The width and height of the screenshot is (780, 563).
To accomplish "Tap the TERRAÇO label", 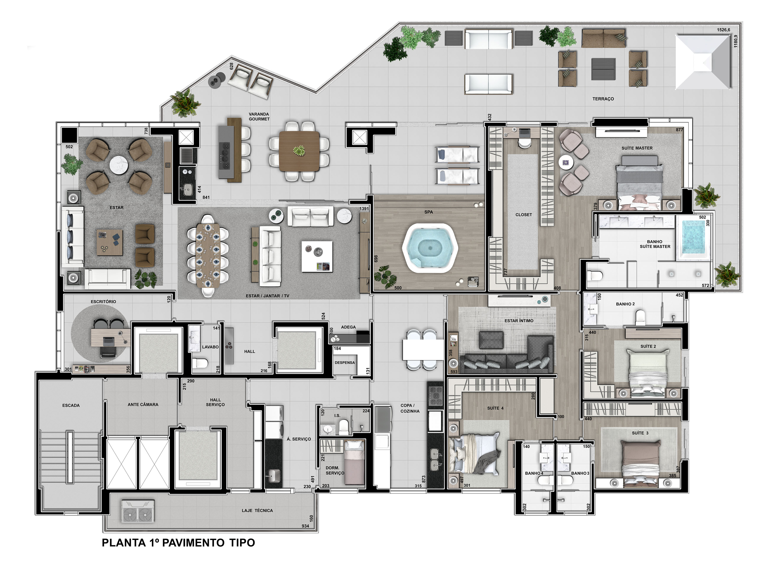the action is [x=603, y=99].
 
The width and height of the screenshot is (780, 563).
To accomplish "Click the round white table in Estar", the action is [x=119, y=165].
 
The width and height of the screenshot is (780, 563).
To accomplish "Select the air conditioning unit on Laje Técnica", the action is [x=138, y=511].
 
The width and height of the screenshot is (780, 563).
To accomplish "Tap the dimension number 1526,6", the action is [x=724, y=30].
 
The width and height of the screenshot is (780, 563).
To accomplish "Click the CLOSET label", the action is [x=523, y=215].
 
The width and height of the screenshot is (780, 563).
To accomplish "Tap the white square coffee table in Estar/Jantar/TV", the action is [x=317, y=256].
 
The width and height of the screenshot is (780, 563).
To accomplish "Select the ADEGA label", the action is [x=348, y=327].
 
